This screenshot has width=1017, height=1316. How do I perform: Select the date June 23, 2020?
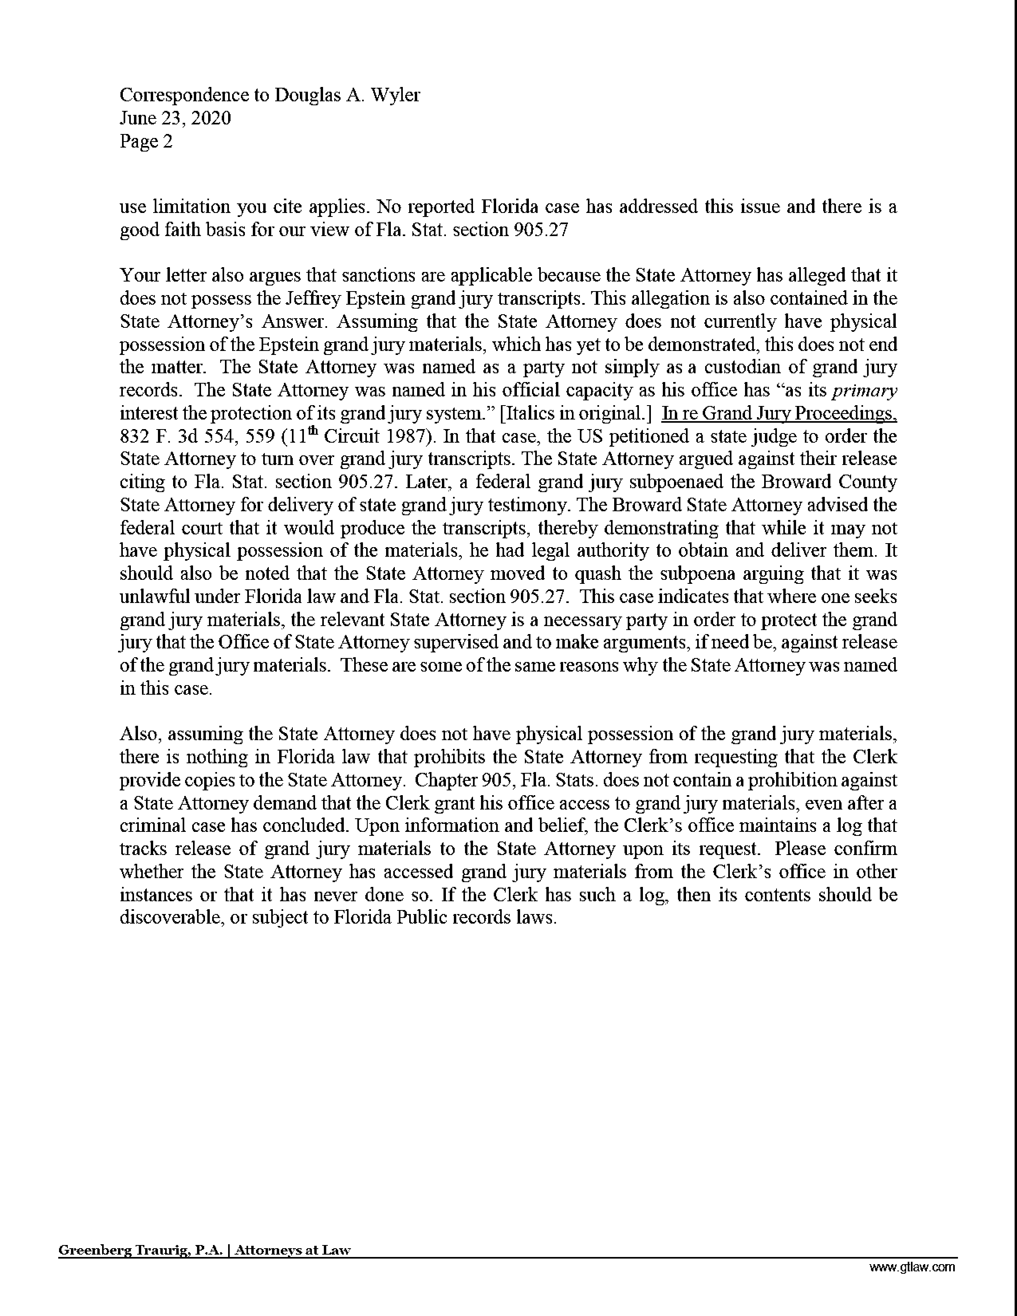point(175,118)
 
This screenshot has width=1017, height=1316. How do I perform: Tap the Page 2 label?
point(146,141)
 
